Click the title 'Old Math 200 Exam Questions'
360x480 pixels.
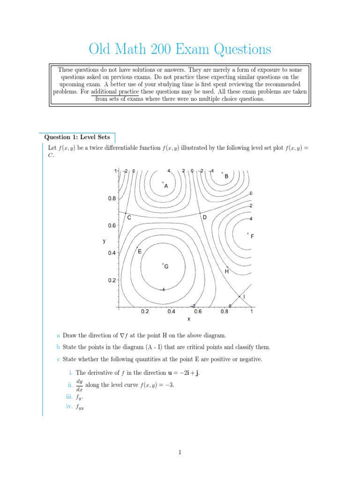tap(180, 49)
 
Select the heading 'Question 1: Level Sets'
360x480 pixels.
tap(77, 137)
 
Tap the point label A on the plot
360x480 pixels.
tap(166, 186)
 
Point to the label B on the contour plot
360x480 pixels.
tap(226, 176)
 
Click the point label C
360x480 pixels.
tap(128, 217)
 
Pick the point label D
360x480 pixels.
tap(204, 217)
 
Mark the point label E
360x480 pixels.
tap(139, 252)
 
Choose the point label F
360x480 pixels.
tap(252, 237)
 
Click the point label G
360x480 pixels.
tap(166, 266)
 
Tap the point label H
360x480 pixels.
tap(227, 271)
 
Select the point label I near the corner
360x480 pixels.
tap(244, 297)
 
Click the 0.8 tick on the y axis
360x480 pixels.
tap(112, 198)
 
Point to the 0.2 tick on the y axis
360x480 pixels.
tap(112, 280)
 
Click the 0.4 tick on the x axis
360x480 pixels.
tap(171, 311)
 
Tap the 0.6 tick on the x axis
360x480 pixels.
tap(198, 311)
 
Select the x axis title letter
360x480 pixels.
tap(188, 319)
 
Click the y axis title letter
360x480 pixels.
tap(104, 241)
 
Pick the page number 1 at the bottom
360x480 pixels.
tap(180, 452)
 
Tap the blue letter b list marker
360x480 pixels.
tap(58, 347)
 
